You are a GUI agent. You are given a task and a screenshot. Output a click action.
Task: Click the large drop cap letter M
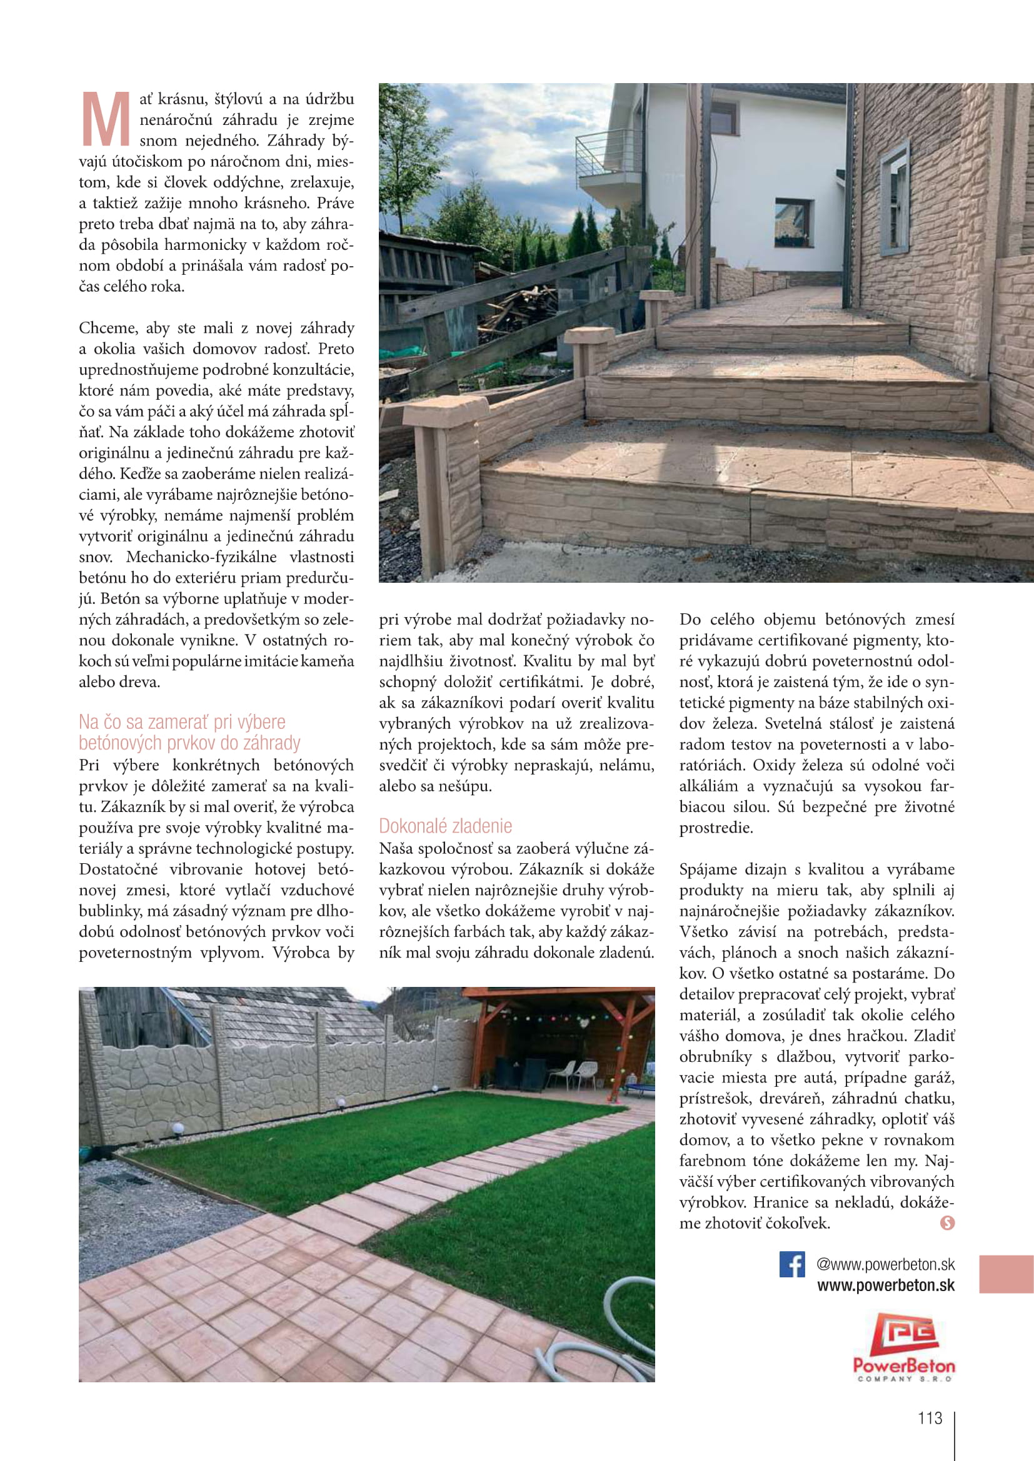[x=106, y=119]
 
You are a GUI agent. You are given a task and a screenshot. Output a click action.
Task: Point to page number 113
[x=930, y=1418]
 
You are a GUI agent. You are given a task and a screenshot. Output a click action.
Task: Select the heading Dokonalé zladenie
[x=445, y=826]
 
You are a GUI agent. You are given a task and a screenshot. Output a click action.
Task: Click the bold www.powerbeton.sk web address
[x=886, y=1285]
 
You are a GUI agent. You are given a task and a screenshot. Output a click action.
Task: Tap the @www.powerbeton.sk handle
[x=886, y=1264]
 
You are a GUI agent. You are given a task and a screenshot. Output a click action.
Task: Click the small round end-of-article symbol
[x=947, y=1222]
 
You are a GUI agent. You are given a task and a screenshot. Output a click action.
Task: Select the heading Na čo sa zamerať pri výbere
[x=182, y=722]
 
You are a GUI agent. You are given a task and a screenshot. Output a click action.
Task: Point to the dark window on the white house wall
[x=793, y=222]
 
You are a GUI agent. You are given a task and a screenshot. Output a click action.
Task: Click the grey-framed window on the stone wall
[x=895, y=198]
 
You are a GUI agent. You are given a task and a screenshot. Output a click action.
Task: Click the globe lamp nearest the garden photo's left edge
[x=178, y=1129]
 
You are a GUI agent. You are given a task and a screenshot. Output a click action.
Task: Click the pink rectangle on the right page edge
[x=1006, y=1274]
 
